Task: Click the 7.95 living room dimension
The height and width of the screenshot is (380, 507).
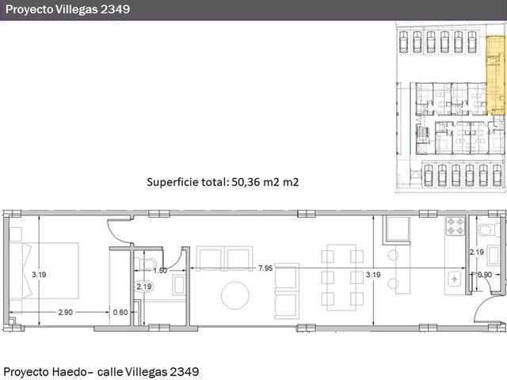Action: (x=265, y=268)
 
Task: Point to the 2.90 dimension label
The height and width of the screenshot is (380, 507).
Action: (x=65, y=312)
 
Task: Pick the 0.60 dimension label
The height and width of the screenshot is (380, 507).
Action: (x=120, y=312)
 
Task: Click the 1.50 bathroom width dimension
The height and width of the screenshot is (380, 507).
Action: (x=160, y=271)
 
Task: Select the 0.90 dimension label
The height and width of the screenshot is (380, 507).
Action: (x=484, y=275)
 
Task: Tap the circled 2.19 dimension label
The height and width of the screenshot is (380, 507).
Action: (x=144, y=287)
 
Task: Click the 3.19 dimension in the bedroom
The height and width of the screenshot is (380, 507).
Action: (x=39, y=275)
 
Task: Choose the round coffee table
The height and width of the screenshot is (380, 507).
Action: (x=235, y=295)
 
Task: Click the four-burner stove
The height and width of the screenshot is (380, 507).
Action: (x=456, y=226)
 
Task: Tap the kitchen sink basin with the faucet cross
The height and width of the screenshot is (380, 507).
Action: (x=455, y=279)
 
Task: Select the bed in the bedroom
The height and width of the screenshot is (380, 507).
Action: (x=44, y=271)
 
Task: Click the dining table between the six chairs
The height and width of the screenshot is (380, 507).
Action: (x=341, y=278)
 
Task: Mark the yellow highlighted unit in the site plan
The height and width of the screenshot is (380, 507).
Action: (x=495, y=75)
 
